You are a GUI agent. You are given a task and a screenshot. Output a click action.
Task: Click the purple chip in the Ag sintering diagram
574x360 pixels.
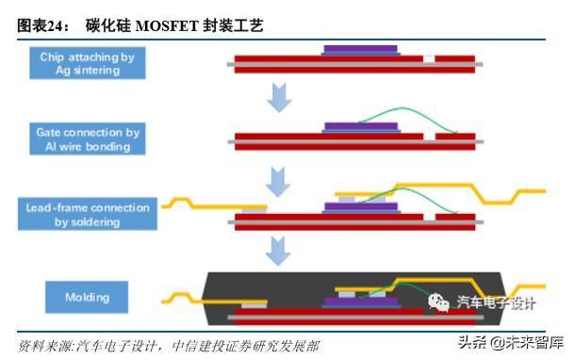point(358,50)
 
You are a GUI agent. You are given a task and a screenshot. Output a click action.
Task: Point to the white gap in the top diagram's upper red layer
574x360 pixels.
point(430,59)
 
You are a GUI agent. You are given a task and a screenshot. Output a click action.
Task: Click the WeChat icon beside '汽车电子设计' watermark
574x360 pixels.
point(440,302)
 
